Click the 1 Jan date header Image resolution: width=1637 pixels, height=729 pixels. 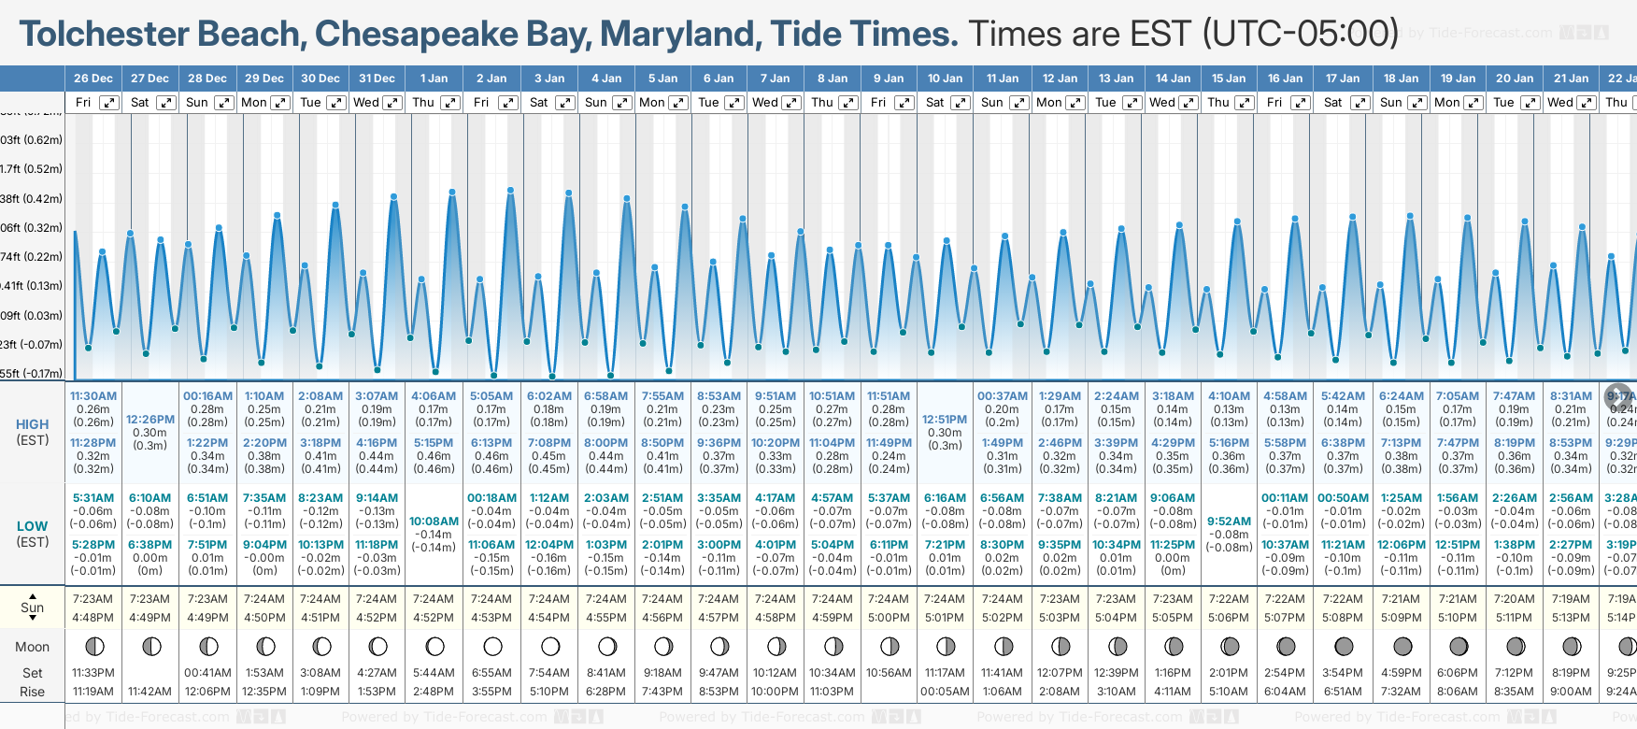pos(434,79)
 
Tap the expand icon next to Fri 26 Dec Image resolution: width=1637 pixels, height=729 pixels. pos(109,103)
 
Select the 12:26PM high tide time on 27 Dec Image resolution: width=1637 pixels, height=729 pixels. pos(150,420)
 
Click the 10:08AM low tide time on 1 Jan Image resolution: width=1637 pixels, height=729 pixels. pos(434,522)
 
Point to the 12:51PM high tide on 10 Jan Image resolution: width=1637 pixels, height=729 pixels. pos(945,420)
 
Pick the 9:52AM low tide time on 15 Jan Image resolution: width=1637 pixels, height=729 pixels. pos(1229,522)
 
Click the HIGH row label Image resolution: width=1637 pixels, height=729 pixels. pos(33,424)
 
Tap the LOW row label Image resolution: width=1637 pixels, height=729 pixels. pos(33,526)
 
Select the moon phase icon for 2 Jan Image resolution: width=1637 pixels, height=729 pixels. pos(492,647)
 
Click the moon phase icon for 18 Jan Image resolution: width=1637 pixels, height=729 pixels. pos(1402,647)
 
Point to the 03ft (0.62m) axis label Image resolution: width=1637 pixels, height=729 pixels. pos(31,140)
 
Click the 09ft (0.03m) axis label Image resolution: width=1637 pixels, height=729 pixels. pos(31,315)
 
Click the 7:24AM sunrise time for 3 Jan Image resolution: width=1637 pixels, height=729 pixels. pos(549,599)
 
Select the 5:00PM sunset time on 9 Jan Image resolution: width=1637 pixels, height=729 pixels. pos(888,618)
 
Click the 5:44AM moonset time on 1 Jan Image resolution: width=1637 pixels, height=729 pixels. pos(434,673)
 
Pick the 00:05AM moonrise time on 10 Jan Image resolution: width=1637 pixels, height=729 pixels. pos(945,692)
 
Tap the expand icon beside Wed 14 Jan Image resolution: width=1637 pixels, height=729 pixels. pos(1188,103)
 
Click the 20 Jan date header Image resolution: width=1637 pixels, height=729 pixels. pos(1515,79)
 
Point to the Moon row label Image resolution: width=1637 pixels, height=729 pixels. pos(33,647)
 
